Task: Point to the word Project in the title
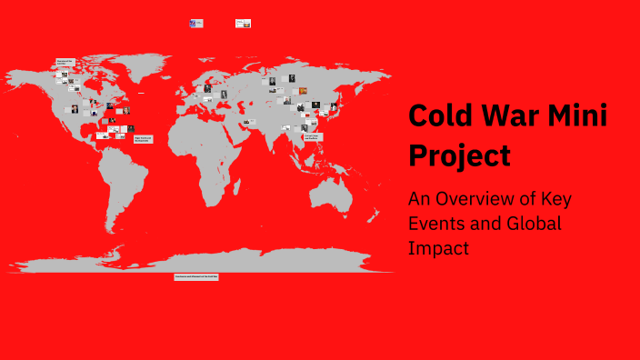459,155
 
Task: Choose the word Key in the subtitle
555,199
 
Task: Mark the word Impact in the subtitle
439,246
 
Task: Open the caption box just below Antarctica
196,276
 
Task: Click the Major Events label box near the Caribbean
144,139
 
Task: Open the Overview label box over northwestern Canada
65,62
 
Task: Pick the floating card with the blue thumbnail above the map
195,24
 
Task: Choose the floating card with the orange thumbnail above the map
243,24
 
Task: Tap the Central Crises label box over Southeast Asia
312,136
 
